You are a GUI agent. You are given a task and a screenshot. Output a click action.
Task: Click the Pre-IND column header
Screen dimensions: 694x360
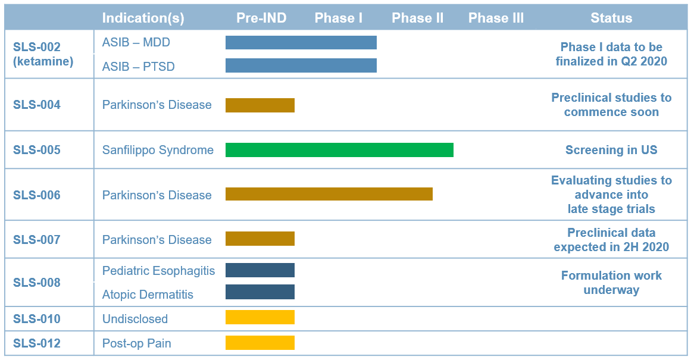261,18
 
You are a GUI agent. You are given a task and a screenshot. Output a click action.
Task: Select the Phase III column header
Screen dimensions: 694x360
496,18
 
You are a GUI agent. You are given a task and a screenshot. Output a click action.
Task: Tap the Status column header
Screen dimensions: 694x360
611,18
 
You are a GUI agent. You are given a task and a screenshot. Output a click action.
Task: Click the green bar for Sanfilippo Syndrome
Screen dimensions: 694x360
339,150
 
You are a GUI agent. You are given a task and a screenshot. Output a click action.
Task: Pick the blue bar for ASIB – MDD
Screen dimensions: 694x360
301,42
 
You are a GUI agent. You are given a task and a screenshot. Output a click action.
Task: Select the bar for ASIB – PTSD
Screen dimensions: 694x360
301,65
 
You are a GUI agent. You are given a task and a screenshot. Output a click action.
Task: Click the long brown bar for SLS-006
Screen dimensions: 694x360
329,194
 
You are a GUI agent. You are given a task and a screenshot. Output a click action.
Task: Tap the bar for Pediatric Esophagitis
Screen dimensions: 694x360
260,270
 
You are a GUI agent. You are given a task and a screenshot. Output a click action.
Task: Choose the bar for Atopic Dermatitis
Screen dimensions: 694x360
260,292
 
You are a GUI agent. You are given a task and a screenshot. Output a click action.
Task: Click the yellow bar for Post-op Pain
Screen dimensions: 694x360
260,343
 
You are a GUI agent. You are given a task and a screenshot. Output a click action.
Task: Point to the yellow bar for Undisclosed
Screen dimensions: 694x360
260,317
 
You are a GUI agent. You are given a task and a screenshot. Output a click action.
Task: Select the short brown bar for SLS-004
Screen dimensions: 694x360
260,105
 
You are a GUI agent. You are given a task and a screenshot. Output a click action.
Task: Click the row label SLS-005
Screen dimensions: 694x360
37,150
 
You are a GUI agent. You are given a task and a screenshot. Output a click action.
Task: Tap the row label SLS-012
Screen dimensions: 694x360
37,343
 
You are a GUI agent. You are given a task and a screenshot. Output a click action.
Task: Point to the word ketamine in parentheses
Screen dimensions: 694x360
43,61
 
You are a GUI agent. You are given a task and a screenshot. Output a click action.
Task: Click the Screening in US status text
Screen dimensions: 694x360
611,150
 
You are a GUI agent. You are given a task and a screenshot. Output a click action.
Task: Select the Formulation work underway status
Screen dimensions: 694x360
611,283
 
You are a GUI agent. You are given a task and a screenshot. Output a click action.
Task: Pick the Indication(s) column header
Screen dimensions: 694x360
143,18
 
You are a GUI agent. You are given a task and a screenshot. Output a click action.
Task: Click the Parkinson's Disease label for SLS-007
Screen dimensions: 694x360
157,240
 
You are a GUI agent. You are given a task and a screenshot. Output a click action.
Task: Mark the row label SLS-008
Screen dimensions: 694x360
37,283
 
